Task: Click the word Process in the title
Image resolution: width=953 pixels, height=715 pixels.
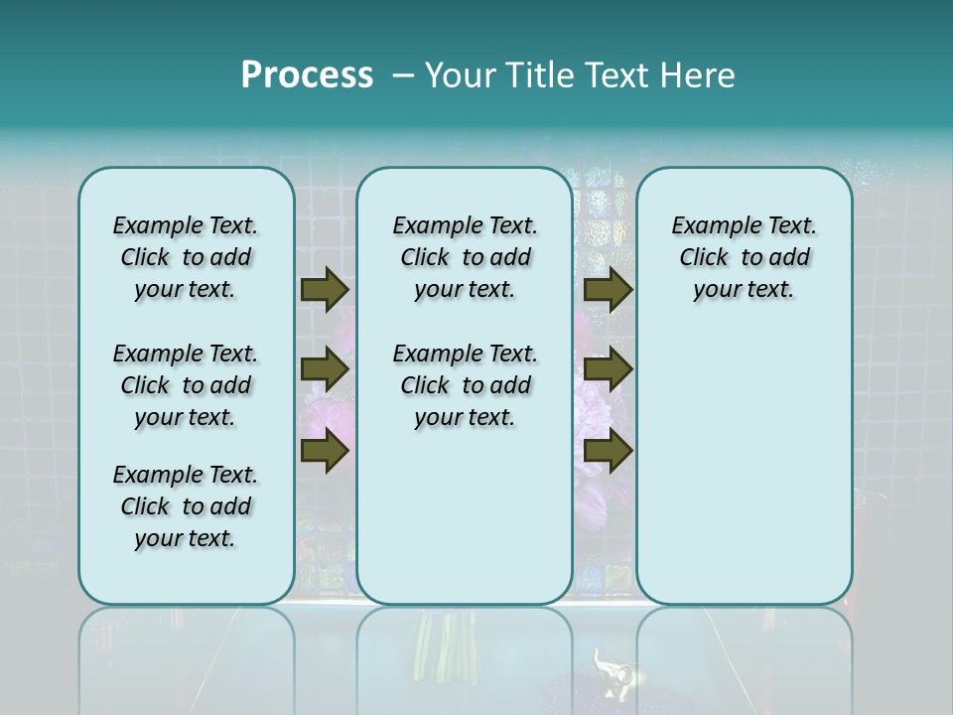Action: click(307, 75)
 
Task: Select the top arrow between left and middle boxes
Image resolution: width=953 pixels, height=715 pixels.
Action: click(325, 290)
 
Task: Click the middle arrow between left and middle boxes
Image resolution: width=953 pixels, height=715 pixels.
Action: click(325, 370)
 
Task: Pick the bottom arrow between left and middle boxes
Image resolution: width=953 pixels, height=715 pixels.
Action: click(325, 451)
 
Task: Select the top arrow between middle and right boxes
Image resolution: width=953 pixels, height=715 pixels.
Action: click(608, 290)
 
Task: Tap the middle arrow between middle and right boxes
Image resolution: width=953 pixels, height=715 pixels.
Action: click(608, 370)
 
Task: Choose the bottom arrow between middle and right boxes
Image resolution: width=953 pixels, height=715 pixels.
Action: click(608, 451)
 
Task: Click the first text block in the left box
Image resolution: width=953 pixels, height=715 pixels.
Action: click(186, 257)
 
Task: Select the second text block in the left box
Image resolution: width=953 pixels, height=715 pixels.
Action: click(186, 385)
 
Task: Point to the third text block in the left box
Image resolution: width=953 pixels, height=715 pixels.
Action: click(186, 506)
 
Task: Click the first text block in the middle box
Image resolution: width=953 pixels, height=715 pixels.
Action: click(465, 257)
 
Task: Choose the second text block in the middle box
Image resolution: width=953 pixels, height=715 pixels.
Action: click(465, 385)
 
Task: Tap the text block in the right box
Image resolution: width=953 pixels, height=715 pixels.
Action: click(744, 257)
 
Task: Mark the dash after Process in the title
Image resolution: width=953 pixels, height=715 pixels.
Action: click(403, 75)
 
